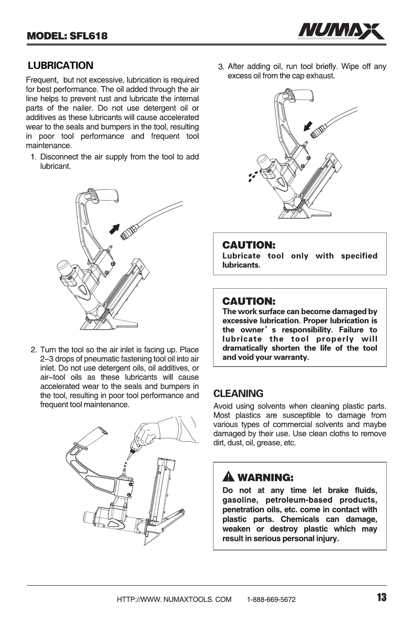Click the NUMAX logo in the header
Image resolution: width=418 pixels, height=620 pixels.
(x=341, y=32)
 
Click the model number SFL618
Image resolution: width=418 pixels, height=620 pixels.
(x=88, y=36)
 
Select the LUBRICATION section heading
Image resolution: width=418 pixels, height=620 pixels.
(x=61, y=66)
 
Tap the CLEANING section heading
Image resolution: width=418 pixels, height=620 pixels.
(x=238, y=394)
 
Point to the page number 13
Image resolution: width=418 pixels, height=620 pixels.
(x=381, y=597)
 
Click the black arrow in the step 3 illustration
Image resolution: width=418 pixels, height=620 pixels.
(x=308, y=126)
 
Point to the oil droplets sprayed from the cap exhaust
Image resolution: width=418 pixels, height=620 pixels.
(x=252, y=176)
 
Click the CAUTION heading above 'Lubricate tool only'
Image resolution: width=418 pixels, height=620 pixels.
(x=249, y=245)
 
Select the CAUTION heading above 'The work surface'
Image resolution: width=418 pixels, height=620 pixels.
(x=249, y=301)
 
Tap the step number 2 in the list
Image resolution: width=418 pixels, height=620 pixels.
(x=34, y=350)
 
